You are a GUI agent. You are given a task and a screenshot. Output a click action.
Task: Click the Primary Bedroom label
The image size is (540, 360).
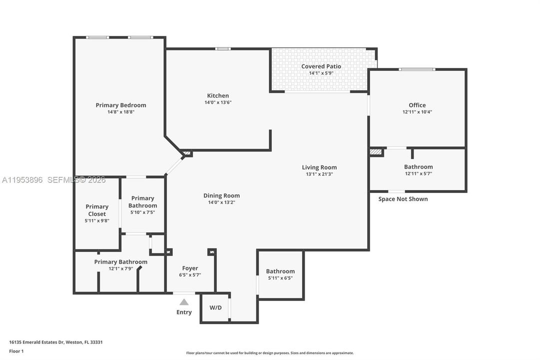(121, 105)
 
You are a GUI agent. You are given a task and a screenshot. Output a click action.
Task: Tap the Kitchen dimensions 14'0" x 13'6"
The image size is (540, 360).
(218, 102)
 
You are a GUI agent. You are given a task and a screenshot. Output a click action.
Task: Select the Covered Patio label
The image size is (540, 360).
(321, 66)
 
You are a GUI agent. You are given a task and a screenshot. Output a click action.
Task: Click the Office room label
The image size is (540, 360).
(417, 105)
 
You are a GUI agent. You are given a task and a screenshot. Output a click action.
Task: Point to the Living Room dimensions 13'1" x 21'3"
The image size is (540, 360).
(319, 174)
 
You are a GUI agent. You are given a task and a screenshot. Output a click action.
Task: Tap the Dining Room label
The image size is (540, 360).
(221, 195)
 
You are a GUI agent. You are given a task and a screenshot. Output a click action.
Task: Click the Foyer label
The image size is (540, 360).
(190, 268)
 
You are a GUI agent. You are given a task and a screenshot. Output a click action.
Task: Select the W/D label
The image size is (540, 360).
(215, 307)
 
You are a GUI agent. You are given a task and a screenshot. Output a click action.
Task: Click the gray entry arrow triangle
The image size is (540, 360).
(184, 302)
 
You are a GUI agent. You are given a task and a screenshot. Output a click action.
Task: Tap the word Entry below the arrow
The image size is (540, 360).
(184, 312)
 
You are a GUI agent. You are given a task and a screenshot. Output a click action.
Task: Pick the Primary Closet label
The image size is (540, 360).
(96, 210)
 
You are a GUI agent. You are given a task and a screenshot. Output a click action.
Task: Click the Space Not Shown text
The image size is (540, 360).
(403, 199)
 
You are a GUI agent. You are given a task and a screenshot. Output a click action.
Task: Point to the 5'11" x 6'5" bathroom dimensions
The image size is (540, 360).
(280, 278)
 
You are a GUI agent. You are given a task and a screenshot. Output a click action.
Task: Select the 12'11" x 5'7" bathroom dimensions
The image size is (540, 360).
(418, 174)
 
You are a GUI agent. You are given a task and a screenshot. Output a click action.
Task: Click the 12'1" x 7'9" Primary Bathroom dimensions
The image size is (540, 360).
(121, 269)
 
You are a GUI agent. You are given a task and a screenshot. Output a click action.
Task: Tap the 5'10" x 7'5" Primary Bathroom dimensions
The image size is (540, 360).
(142, 212)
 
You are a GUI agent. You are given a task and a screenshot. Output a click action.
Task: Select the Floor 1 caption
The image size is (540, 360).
(16, 351)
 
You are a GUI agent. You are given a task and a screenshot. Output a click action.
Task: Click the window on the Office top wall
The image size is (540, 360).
(417, 69)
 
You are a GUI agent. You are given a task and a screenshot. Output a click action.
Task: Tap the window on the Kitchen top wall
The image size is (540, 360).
(223, 49)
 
